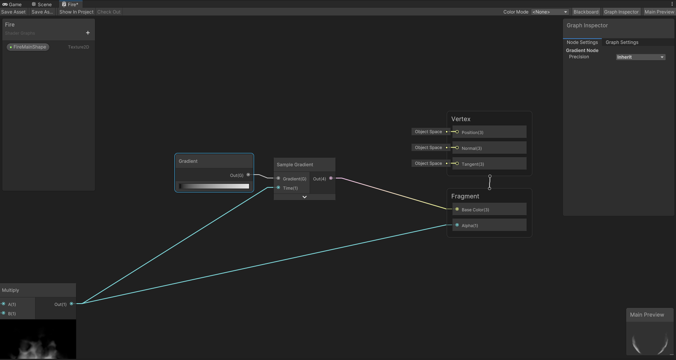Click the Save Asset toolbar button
[x=14, y=12]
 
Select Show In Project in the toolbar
[x=76, y=12]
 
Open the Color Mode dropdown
[x=550, y=12]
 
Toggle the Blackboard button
[x=586, y=12]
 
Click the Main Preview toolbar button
[x=659, y=12]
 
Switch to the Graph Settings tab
[x=622, y=42]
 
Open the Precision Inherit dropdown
[x=640, y=57]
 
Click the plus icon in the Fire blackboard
[x=88, y=33]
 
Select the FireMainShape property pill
[x=28, y=47]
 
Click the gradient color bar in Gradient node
[x=214, y=186]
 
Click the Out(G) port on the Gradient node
[x=248, y=175]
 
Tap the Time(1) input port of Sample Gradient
[x=278, y=188]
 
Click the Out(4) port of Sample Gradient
[x=331, y=178]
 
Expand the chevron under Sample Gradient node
[x=305, y=197]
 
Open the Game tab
[x=12, y=4]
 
